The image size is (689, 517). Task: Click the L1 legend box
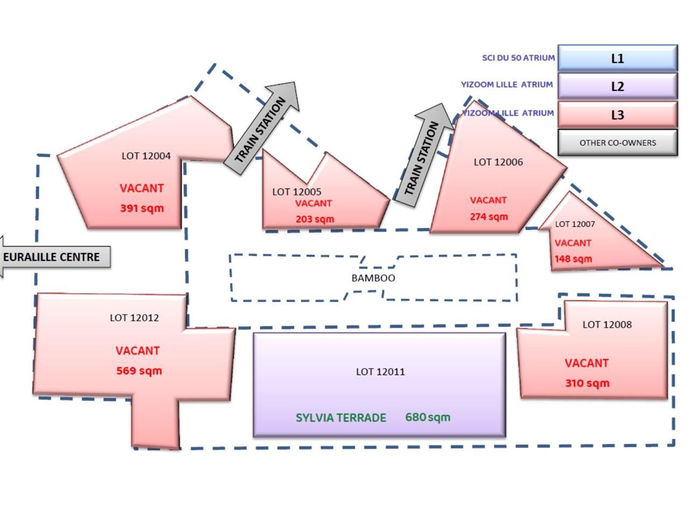pyautogui.click(x=617, y=58)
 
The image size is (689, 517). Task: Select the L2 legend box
pyautogui.click(x=617, y=86)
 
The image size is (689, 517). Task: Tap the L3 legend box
pyautogui.click(x=617, y=115)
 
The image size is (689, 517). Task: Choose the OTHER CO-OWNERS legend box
pyautogui.click(x=617, y=143)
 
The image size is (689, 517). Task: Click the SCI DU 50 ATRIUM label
pyautogui.click(x=518, y=58)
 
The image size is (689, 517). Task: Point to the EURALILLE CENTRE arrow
pyautogui.click(x=54, y=257)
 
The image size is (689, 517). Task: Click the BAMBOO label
pyautogui.click(x=373, y=278)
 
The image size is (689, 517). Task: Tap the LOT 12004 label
pyautogui.click(x=146, y=156)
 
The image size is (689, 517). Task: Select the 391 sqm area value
pyautogui.click(x=142, y=208)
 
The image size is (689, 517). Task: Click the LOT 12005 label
pyautogui.click(x=297, y=192)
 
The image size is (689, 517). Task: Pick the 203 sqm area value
pyautogui.click(x=315, y=219)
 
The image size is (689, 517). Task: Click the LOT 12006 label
pyautogui.click(x=498, y=162)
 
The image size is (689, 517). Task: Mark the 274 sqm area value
pyautogui.click(x=488, y=216)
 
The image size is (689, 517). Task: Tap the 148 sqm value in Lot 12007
pyautogui.click(x=573, y=259)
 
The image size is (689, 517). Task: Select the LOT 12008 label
pyautogui.click(x=607, y=324)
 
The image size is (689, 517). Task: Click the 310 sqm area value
pyautogui.click(x=587, y=383)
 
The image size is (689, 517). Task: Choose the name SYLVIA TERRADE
pyautogui.click(x=341, y=418)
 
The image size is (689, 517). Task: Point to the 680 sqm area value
pyautogui.click(x=427, y=417)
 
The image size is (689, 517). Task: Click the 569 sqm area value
pyautogui.click(x=139, y=371)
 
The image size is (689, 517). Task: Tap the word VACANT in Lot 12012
pyautogui.click(x=137, y=351)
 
